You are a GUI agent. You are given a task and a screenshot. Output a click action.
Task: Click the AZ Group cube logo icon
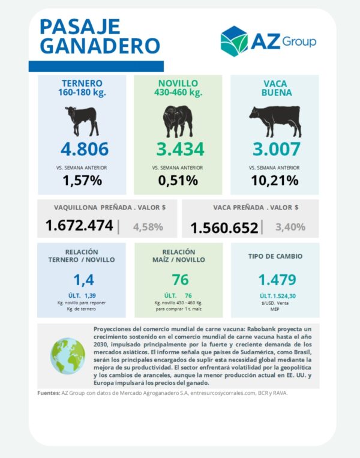tap(234, 41)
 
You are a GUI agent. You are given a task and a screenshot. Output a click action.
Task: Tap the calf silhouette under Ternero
tap(82, 121)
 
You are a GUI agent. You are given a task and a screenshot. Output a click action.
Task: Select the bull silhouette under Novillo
tap(178, 121)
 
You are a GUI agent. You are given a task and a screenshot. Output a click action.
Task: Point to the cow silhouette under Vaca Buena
tap(275, 121)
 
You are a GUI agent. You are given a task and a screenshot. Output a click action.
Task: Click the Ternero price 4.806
tap(85, 149)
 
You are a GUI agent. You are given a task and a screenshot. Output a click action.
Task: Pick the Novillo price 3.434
tap(180, 149)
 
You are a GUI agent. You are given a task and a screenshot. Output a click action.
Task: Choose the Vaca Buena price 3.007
tap(276, 149)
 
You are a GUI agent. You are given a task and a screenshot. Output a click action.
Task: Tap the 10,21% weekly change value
tap(275, 181)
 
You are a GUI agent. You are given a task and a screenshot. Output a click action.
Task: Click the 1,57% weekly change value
tap(82, 181)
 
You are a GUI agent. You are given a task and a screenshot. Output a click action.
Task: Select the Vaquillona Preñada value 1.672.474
tap(79, 226)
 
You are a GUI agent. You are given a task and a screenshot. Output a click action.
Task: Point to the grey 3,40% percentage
tap(290, 227)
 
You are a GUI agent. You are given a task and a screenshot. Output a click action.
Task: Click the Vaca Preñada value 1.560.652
tap(224, 228)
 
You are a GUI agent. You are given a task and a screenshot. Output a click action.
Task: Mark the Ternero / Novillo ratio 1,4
tap(83, 280)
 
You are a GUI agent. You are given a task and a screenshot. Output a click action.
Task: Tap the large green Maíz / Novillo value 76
tap(180, 280)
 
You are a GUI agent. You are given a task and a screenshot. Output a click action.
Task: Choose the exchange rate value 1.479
tap(277, 280)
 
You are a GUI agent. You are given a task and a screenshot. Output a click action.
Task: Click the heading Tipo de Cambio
tap(275, 256)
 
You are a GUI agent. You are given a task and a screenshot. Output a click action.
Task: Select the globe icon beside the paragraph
tap(68, 356)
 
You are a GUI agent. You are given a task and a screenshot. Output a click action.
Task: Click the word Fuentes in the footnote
tap(49, 393)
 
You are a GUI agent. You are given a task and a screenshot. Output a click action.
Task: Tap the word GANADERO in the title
tap(100, 46)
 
